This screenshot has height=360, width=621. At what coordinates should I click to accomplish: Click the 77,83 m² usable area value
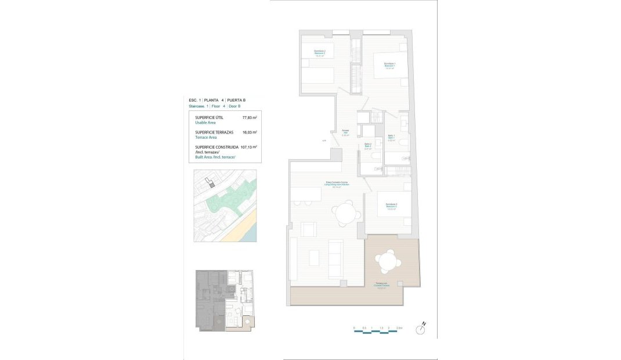pos(250,118)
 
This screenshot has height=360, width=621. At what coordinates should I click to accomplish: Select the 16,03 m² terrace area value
pos(250,132)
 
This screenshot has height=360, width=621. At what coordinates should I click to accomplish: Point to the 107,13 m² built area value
pos(248,147)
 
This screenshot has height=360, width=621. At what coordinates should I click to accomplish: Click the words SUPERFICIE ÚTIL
pos(209,118)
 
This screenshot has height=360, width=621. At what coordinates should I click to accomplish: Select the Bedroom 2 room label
pos(320,53)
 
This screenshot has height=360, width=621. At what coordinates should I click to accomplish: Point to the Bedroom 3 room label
pos(391,206)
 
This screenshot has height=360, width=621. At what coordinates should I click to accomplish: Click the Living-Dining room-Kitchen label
pos(337,184)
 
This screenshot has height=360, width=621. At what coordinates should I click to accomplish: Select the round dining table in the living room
pos(346,213)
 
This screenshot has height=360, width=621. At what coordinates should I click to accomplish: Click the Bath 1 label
pos(391,137)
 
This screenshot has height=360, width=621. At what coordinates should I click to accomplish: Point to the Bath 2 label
pos(367,145)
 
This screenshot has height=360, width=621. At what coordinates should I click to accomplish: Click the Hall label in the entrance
pos(345,132)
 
